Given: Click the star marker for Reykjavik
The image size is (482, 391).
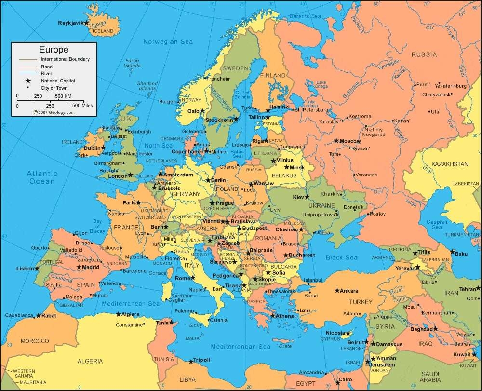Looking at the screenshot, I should tap(86, 23).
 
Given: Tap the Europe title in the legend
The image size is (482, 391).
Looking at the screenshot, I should tap(54, 49).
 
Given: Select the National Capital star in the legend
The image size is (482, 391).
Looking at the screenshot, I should tap(28, 81).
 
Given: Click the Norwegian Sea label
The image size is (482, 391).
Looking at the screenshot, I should tap(168, 42).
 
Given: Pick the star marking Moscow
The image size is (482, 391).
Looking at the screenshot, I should tap(336, 141).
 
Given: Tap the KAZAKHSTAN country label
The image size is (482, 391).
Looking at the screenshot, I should tap(449, 164).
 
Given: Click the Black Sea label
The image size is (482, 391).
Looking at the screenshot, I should tap(341, 257).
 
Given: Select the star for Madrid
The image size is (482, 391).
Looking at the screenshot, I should tap(79, 267).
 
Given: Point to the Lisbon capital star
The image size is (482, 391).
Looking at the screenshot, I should tap(37, 268).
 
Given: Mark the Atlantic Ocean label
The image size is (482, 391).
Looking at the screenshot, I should tap(42, 177).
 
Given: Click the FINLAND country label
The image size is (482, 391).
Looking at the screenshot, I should tap(273, 76).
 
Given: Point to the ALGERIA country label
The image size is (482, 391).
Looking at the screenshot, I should tap(91, 361).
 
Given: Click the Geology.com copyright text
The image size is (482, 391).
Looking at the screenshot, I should tap(54, 112).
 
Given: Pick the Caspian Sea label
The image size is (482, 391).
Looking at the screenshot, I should tap(437, 224).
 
